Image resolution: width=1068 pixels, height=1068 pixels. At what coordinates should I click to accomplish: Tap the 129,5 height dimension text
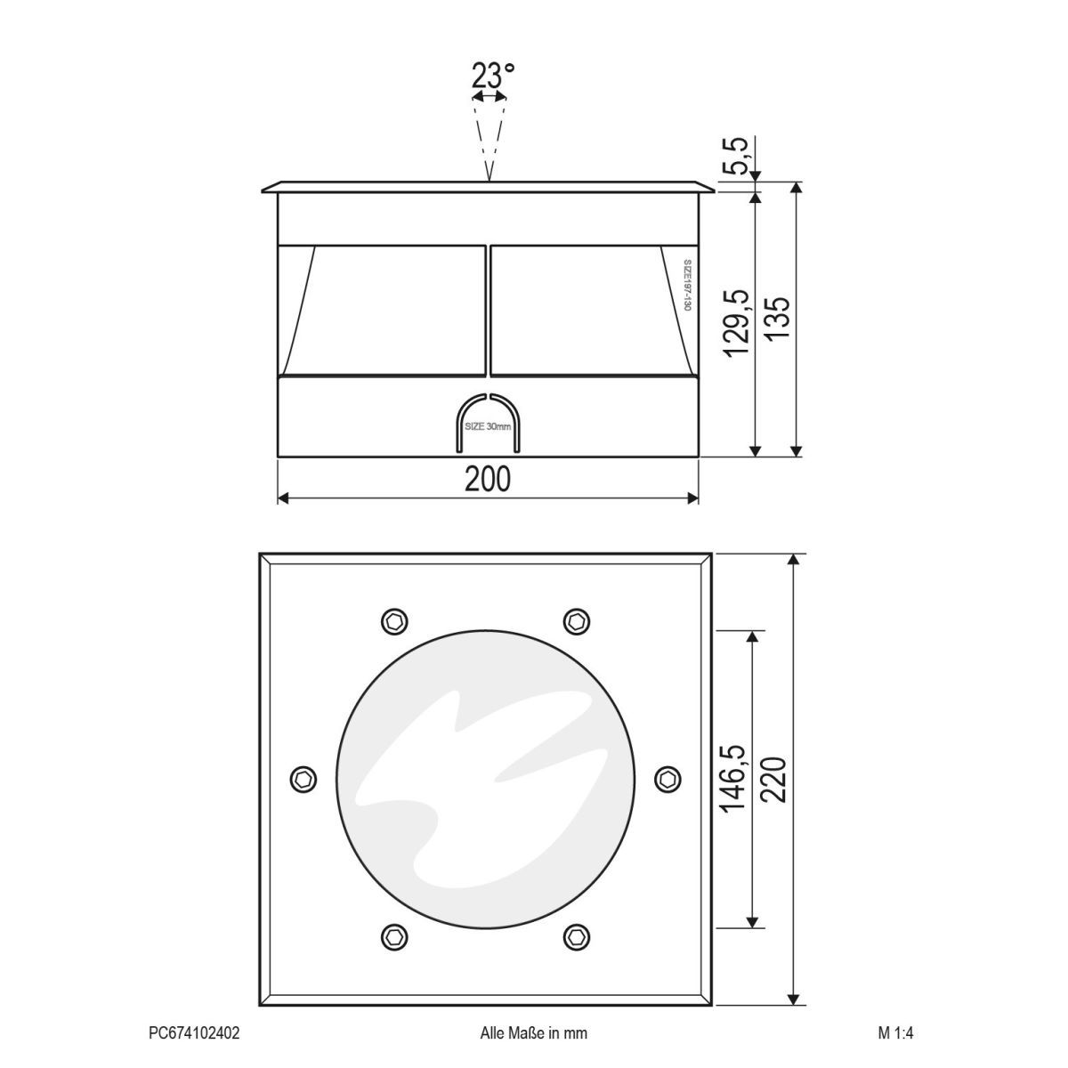pos(738,322)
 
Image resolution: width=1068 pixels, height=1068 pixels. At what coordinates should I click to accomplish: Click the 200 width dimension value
pos(488,479)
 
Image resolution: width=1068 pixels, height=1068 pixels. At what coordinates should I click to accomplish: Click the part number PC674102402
pos(194,1033)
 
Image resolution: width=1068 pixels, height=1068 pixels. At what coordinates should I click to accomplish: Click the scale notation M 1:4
pos(895,1033)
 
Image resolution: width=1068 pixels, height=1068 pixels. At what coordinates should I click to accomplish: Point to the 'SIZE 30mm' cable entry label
pos(489,427)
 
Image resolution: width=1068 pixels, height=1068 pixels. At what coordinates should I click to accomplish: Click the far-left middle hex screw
pos(304,779)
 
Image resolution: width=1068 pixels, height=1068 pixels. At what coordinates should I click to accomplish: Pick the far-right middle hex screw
pos(667,779)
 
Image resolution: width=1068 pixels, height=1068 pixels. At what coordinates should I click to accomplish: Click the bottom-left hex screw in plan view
pos(394,935)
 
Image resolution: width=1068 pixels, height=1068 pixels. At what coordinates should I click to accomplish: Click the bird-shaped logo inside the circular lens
pos(472,774)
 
